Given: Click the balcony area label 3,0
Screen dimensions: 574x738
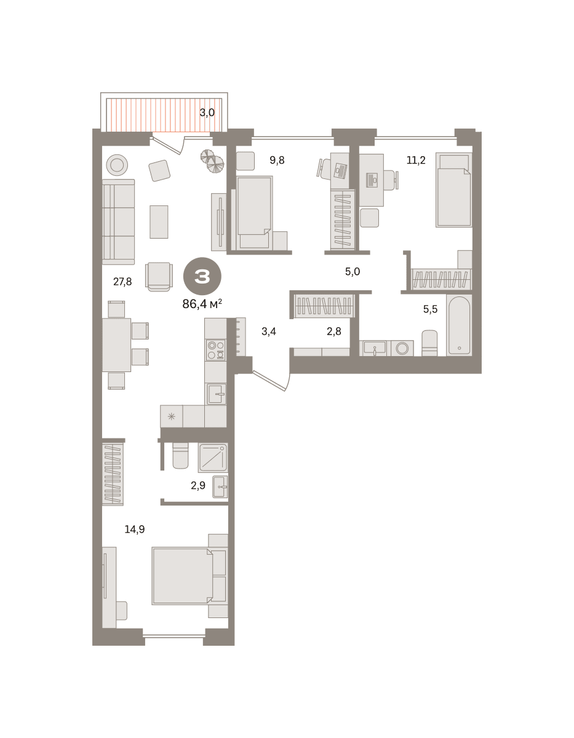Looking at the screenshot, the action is coord(207,113).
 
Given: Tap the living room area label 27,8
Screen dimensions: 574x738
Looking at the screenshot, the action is coord(122,282).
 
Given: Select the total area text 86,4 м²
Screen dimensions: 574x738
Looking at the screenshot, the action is coord(202,304).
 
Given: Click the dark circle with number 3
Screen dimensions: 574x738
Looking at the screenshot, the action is coord(202,277).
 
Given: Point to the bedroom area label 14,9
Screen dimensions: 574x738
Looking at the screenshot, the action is coord(135,529).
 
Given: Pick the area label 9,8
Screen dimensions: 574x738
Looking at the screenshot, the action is coord(277,160).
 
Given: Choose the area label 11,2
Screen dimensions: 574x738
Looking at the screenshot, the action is coord(416,160).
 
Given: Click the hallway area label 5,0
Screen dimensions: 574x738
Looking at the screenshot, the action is coord(353,272).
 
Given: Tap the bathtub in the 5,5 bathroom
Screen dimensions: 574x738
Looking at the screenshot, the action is coord(459,325).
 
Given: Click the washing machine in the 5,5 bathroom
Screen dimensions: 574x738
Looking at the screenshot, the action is coord(402,348).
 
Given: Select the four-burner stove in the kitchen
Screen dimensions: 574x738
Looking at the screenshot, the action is coord(216,350).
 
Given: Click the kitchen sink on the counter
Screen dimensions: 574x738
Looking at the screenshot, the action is coord(217,394).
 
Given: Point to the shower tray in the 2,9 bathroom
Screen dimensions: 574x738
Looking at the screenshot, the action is coord(213,458).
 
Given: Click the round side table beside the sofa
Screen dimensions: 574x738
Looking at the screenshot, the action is coord(117,165).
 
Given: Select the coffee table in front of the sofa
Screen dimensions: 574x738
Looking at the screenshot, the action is coord(159,222).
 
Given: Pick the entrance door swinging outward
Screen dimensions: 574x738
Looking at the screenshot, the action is coord(271,381).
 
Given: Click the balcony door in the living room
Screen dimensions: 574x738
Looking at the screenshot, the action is coord(168,145).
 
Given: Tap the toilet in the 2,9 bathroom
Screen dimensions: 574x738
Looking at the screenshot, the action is coord(180,456).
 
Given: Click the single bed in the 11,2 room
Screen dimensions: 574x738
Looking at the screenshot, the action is coord(454,190).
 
